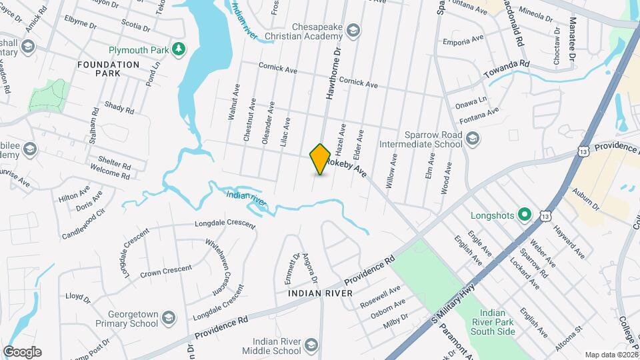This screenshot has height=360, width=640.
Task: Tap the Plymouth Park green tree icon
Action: (178, 48)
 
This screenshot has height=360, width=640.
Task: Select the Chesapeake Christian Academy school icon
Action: (353, 29)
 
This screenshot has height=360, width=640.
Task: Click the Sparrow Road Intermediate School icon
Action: (473, 139)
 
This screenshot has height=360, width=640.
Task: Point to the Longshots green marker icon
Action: (525, 215)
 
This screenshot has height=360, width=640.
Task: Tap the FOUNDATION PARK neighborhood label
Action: (108, 69)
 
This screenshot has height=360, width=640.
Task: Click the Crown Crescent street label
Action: (166, 271)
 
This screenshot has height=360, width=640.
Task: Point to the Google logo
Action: (22, 351)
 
